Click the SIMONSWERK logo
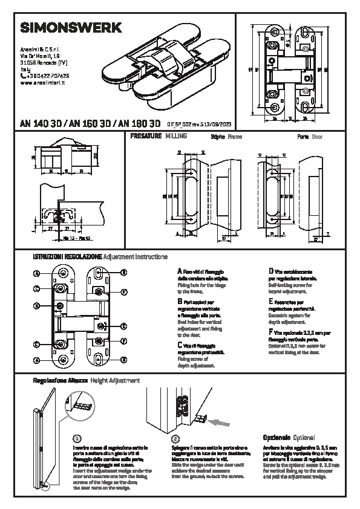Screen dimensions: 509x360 point(71,28)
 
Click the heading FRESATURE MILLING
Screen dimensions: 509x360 point(159,137)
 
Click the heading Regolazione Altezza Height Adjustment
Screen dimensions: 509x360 point(85,381)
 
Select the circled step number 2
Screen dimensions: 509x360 point(175,438)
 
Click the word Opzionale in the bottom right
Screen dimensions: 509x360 point(277,436)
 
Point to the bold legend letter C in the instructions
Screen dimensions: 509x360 point(180,344)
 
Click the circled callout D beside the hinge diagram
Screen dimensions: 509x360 point(123,326)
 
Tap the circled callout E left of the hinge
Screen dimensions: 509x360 point(37,306)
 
